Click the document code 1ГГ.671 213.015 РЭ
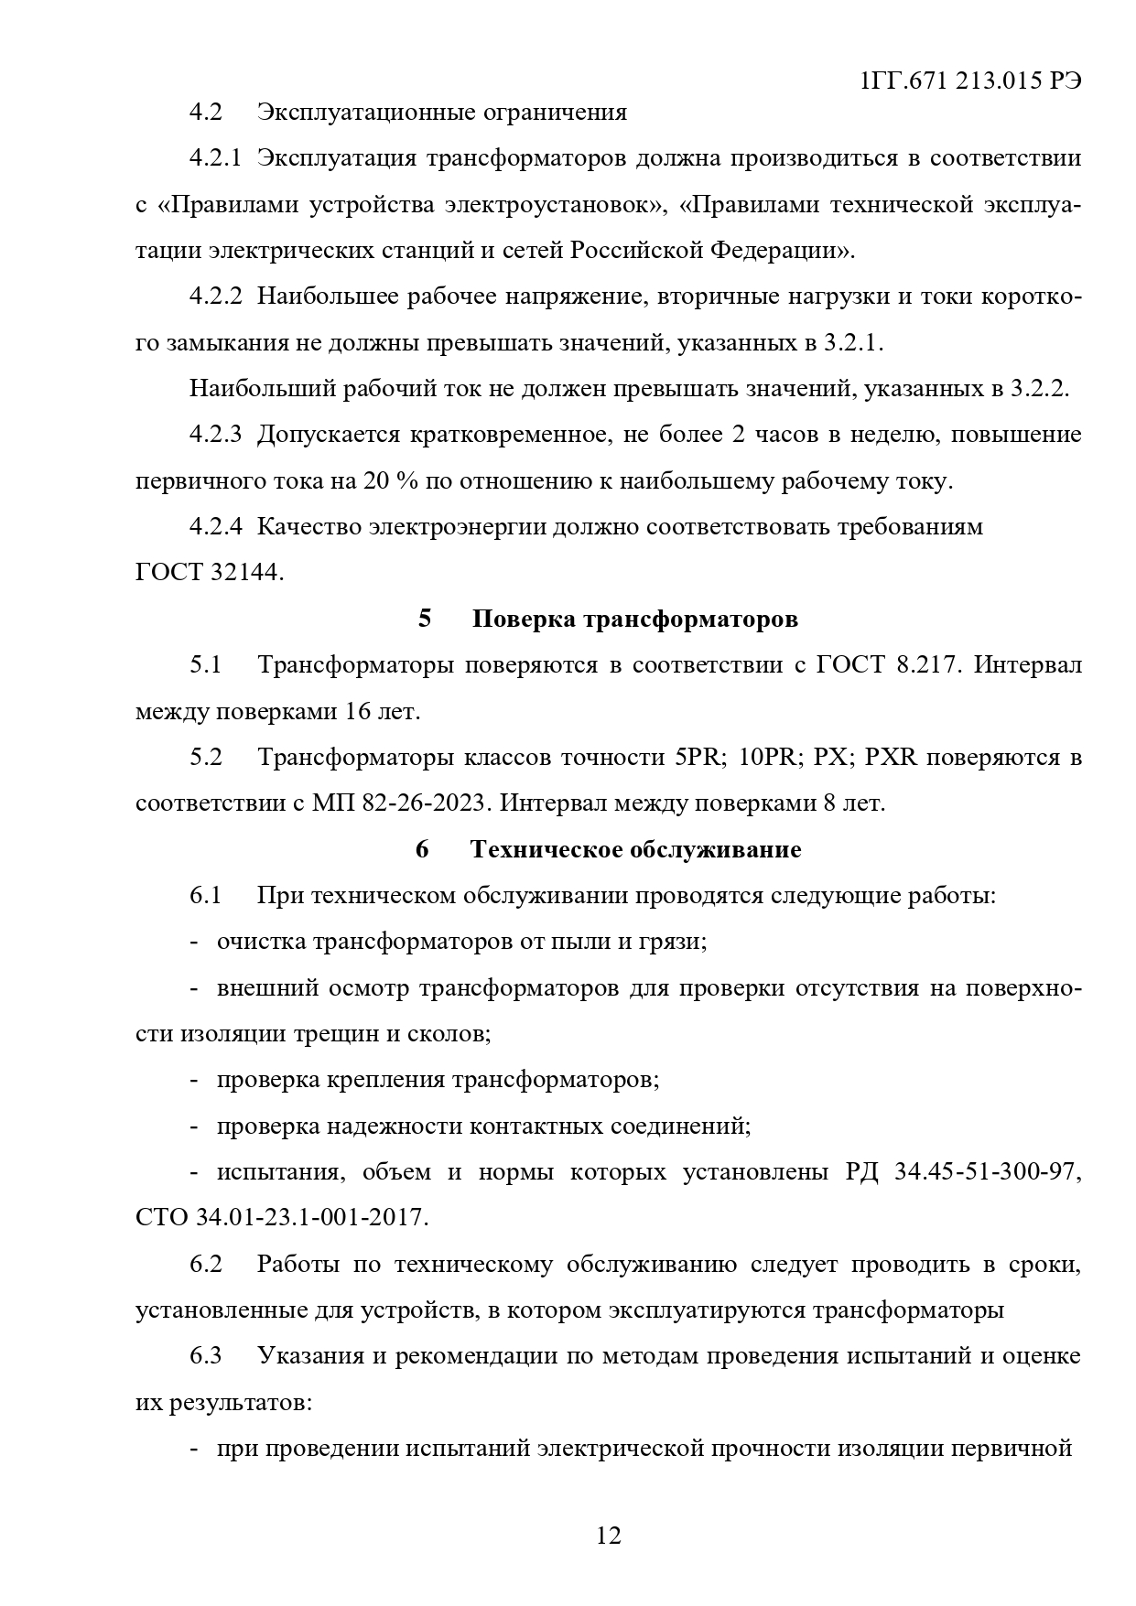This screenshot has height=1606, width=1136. pyautogui.click(x=971, y=81)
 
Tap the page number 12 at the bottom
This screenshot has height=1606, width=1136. pyautogui.click(x=608, y=1535)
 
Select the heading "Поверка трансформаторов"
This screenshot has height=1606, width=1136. pyautogui.click(x=634, y=619)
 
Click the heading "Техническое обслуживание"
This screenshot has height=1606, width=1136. pyautogui.click(x=635, y=849)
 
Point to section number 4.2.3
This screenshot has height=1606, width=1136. pyautogui.click(x=215, y=434)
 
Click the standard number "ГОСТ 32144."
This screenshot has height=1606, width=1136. pyautogui.click(x=210, y=573)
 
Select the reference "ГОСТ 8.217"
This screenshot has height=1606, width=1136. pyautogui.click(x=887, y=664)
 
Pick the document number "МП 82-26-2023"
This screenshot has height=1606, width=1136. pyautogui.click(x=401, y=803)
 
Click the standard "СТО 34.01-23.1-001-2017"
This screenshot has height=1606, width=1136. pyautogui.click(x=281, y=1218)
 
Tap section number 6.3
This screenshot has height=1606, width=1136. pyautogui.click(x=206, y=1355)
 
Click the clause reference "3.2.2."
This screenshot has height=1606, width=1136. pyautogui.click(x=1040, y=388)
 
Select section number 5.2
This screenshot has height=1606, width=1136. pyautogui.click(x=206, y=757)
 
